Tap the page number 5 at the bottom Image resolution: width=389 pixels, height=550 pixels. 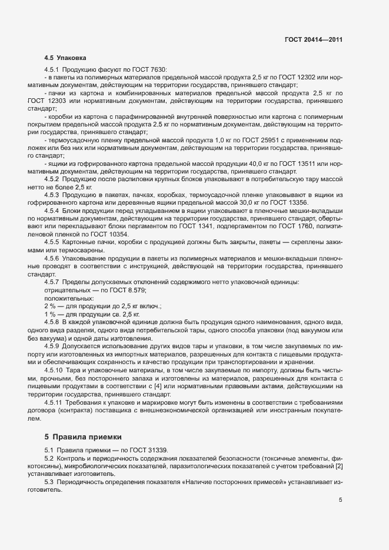click(x=341, y=500)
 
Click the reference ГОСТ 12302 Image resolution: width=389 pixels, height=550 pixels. click(x=299, y=78)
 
